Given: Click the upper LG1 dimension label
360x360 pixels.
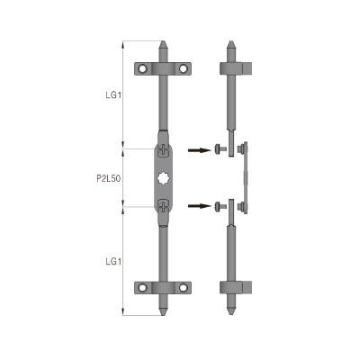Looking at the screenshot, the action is (113, 95).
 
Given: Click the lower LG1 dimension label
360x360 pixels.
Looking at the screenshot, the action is (113, 262).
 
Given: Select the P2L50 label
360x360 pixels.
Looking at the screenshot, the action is (109, 178).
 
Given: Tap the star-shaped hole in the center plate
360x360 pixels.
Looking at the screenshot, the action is (163, 179).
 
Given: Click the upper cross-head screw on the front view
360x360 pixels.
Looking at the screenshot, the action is (163, 149).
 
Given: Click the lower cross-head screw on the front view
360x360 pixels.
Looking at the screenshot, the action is (163, 206).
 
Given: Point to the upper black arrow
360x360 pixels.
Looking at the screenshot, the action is (200, 150).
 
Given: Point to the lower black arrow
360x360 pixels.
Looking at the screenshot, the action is (200, 206).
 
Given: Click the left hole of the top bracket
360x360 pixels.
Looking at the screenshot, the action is (143, 68).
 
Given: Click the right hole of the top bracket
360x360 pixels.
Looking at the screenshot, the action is (183, 68).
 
